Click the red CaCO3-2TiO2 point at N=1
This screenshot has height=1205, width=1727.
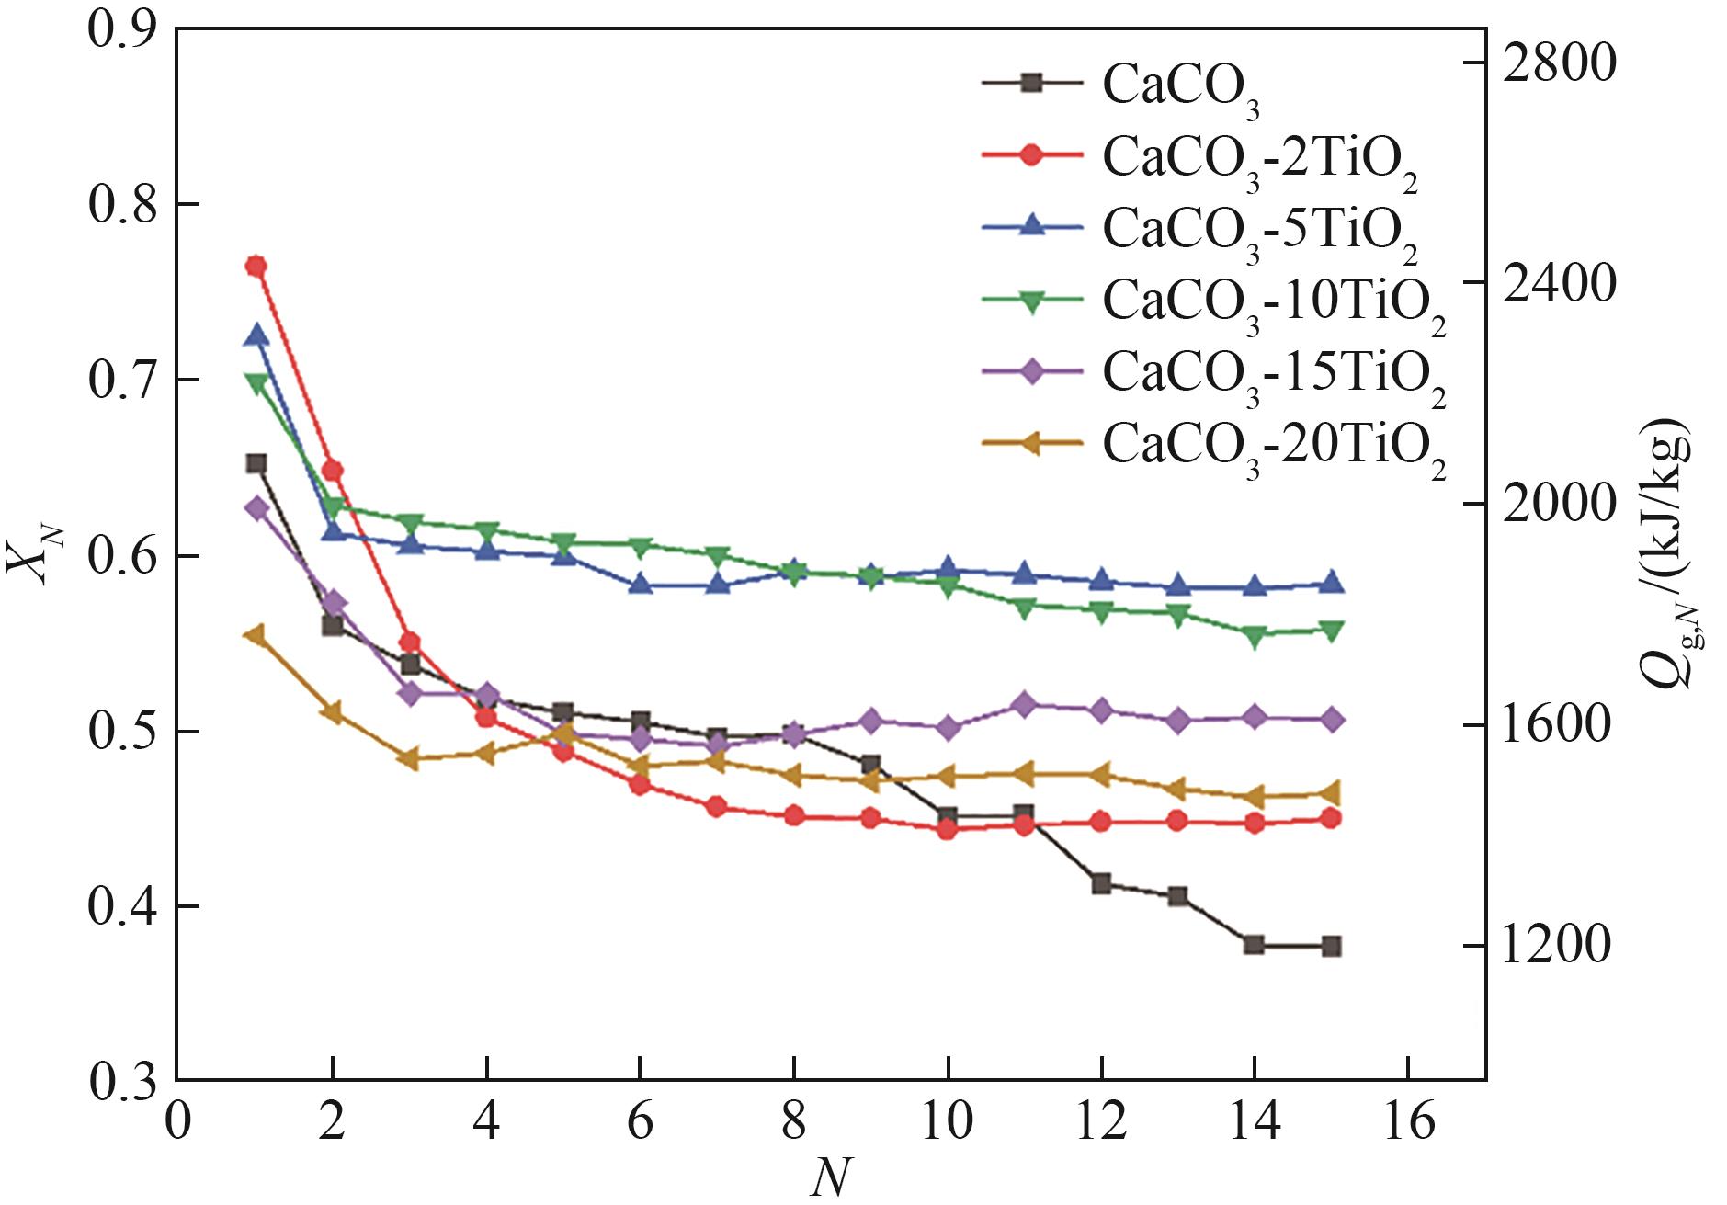[x=256, y=267]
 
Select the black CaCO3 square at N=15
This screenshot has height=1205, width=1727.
[x=1331, y=946]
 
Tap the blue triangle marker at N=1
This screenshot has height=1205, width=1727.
[x=256, y=335]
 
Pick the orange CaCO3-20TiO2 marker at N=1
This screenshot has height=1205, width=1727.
[x=256, y=635]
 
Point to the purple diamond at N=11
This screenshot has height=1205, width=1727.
[x=1024, y=705]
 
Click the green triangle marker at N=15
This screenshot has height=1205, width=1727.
[x=1331, y=631]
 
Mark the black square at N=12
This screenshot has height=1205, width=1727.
[x=1101, y=884]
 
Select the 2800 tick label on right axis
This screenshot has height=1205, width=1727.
[x=1557, y=63]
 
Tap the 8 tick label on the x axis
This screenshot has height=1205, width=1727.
[x=794, y=1121]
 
